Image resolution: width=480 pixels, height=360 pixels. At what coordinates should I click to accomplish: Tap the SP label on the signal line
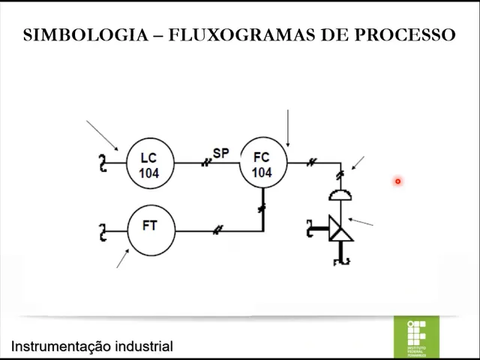tap(220, 153)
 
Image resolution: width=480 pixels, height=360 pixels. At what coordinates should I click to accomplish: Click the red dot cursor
tap(397, 181)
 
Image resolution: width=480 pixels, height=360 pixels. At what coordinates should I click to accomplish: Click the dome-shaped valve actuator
tap(340, 195)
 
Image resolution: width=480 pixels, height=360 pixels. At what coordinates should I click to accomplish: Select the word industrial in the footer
tap(143, 346)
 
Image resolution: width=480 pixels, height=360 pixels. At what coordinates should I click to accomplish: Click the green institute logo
tap(416, 337)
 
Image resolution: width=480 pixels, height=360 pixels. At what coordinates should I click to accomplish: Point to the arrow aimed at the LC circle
tap(103, 136)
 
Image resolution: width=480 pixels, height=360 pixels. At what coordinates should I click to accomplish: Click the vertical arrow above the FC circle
tap(287, 127)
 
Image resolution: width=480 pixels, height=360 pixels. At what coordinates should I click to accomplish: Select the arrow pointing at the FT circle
tap(122, 258)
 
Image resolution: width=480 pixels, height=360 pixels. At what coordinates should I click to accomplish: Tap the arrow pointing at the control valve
tap(361, 222)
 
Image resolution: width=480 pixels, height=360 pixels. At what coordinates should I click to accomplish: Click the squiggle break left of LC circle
tap(103, 162)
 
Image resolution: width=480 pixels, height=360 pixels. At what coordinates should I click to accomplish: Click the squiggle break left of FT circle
tap(103, 232)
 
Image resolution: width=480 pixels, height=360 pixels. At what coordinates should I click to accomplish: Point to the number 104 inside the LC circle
tap(148, 173)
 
